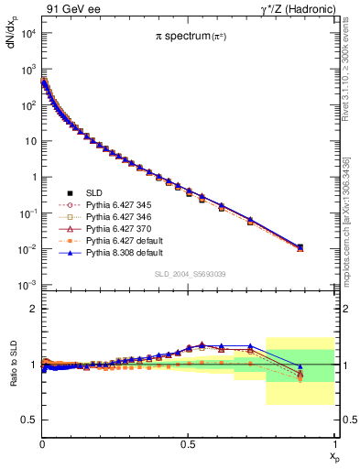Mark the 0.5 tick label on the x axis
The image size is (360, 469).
click(188, 442)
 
